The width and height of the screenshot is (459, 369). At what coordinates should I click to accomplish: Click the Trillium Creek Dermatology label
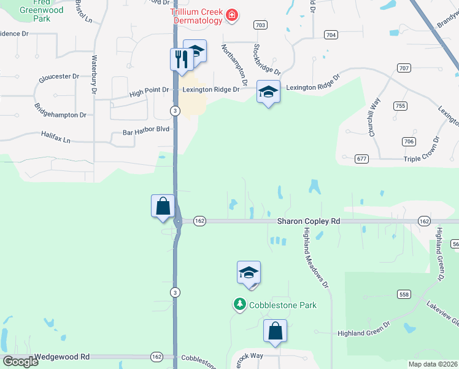click(196, 17)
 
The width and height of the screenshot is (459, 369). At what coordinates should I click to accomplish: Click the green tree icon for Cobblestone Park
click(239, 304)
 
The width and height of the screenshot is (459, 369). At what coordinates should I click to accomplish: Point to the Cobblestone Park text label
click(282, 304)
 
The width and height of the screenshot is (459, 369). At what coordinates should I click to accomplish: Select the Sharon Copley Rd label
click(308, 221)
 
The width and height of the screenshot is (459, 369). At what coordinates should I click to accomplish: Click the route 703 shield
click(260, 25)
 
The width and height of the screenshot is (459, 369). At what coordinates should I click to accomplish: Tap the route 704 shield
click(331, 35)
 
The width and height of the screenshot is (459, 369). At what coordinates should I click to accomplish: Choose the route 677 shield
click(362, 159)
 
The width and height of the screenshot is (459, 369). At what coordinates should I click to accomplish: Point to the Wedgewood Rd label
click(62, 357)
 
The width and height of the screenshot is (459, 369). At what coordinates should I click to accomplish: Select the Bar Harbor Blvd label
click(145, 132)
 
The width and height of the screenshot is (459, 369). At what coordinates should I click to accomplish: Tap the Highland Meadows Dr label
click(317, 258)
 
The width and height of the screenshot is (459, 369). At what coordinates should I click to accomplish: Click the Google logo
click(20, 362)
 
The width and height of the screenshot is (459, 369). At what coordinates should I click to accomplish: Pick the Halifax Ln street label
click(56, 137)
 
